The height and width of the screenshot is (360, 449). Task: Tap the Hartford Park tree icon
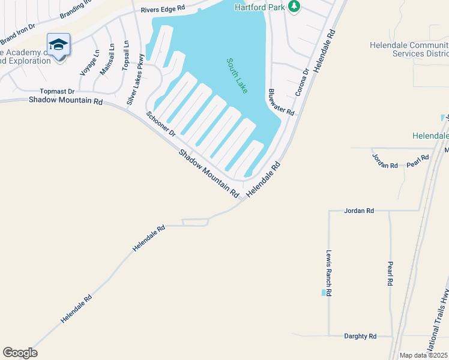point(294,7)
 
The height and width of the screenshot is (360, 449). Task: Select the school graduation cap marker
point(58,45)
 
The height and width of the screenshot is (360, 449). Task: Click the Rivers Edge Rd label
point(163,10)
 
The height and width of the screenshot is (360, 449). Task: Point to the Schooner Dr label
point(160,123)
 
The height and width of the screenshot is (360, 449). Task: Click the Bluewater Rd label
point(280,102)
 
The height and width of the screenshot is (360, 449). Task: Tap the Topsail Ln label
point(125,56)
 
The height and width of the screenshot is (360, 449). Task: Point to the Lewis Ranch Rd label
point(329,273)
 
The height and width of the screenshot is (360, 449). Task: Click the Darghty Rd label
point(360,337)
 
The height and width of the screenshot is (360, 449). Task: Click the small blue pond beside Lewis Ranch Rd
point(324,293)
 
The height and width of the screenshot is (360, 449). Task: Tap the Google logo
point(20,353)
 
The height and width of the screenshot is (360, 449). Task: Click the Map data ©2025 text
point(423,355)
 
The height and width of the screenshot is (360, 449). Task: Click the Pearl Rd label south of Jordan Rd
point(390,273)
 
